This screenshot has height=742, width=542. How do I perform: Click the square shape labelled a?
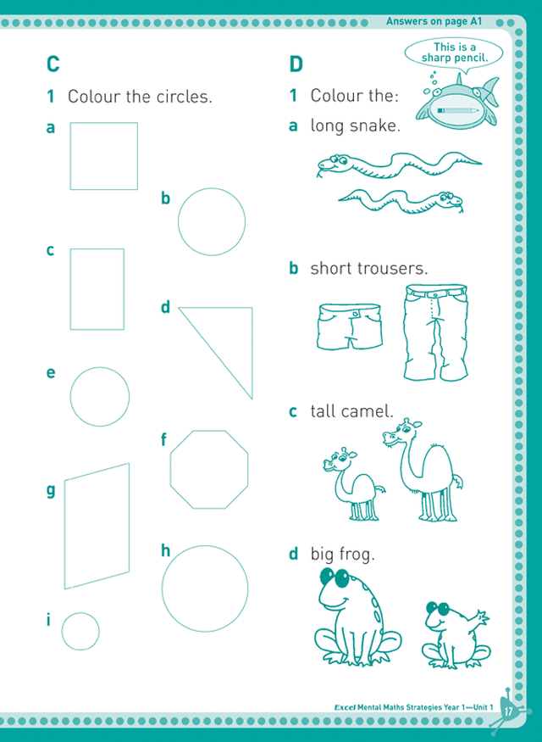click(x=70, y=156)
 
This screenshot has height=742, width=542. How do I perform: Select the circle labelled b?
click(x=179, y=222)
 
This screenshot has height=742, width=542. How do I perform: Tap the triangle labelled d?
click(x=252, y=353)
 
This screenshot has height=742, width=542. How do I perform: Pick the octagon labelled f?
click(x=170, y=470)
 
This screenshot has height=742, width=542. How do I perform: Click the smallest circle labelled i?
click(x=62, y=631)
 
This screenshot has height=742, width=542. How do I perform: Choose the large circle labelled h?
click(x=162, y=589)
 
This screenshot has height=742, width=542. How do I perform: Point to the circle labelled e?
click(x=70, y=397)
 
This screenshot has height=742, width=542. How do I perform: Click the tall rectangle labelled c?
click(x=70, y=288)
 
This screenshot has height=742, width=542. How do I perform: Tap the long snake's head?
click(x=332, y=164)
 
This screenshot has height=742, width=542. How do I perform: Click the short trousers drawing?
click(x=349, y=326)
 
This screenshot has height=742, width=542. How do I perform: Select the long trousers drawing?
click(x=435, y=332)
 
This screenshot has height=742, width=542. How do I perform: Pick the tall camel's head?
click(x=401, y=432)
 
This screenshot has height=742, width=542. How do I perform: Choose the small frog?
click(x=455, y=635)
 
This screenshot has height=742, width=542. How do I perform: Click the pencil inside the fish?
click(x=457, y=111)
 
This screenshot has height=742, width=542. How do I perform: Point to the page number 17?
click(x=508, y=711)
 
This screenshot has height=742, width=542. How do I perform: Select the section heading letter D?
click(x=296, y=64)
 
